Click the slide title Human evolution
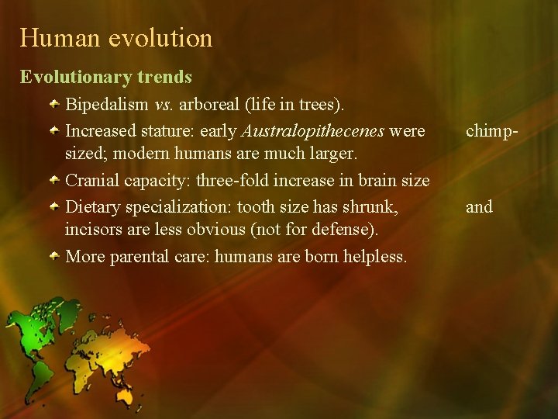pyautogui.click(x=116, y=38)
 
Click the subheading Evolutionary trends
pyautogui.click(x=106, y=77)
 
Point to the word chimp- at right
pyautogui.click(x=491, y=130)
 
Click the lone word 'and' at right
pyautogui.click(x=478, y=206)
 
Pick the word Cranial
pyautogui.click(x=92, y=181)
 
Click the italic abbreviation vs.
pyautogui.click(x=164, y=104)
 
